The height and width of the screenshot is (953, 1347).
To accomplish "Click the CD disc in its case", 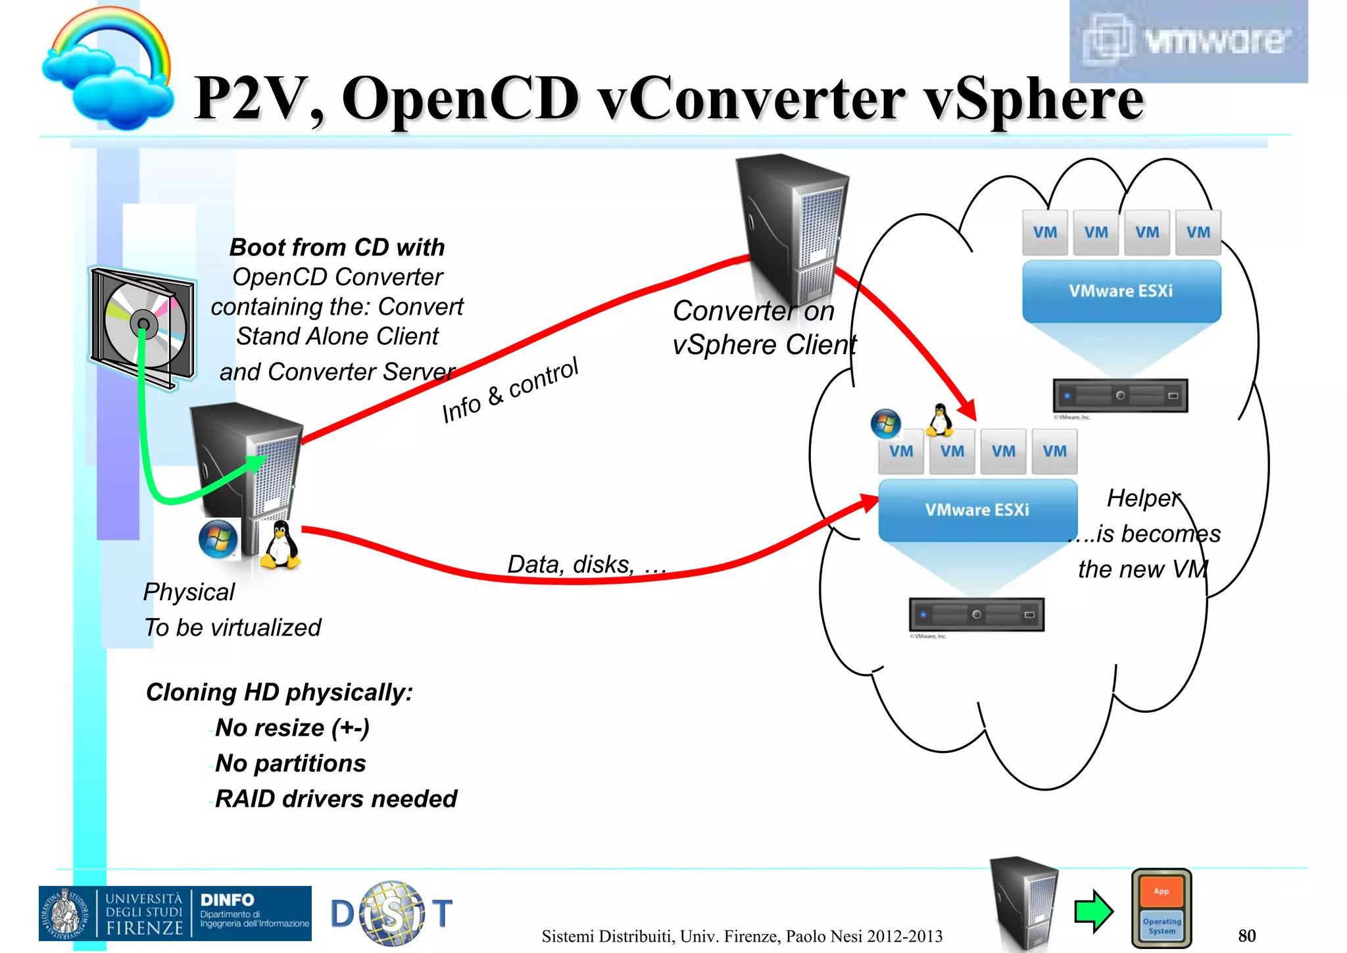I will coord(143,324).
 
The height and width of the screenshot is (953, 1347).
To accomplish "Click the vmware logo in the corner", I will coord(1188,41).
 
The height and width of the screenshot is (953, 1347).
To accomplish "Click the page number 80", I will coord(1246,935).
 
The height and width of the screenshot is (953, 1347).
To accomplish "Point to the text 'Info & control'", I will coord(510,390).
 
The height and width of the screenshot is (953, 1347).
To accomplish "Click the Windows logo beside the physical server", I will coord(218,538).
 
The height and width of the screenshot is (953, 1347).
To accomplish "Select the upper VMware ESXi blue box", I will coord(1121,291).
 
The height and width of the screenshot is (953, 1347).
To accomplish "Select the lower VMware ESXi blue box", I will coord(977,510).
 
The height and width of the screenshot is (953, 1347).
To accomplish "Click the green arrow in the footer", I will coord(1093,911).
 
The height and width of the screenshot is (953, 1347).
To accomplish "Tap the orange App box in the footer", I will coord(1162,891).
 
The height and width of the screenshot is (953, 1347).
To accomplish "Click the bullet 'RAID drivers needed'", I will coord(335,799).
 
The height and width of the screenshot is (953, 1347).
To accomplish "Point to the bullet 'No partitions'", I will coord(290,763).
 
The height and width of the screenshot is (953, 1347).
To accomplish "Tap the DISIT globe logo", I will coord(392,914).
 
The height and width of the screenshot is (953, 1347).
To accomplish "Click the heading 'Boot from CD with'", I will coord(337,247).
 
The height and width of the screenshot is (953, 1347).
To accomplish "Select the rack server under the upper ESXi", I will coord(1120,396).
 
